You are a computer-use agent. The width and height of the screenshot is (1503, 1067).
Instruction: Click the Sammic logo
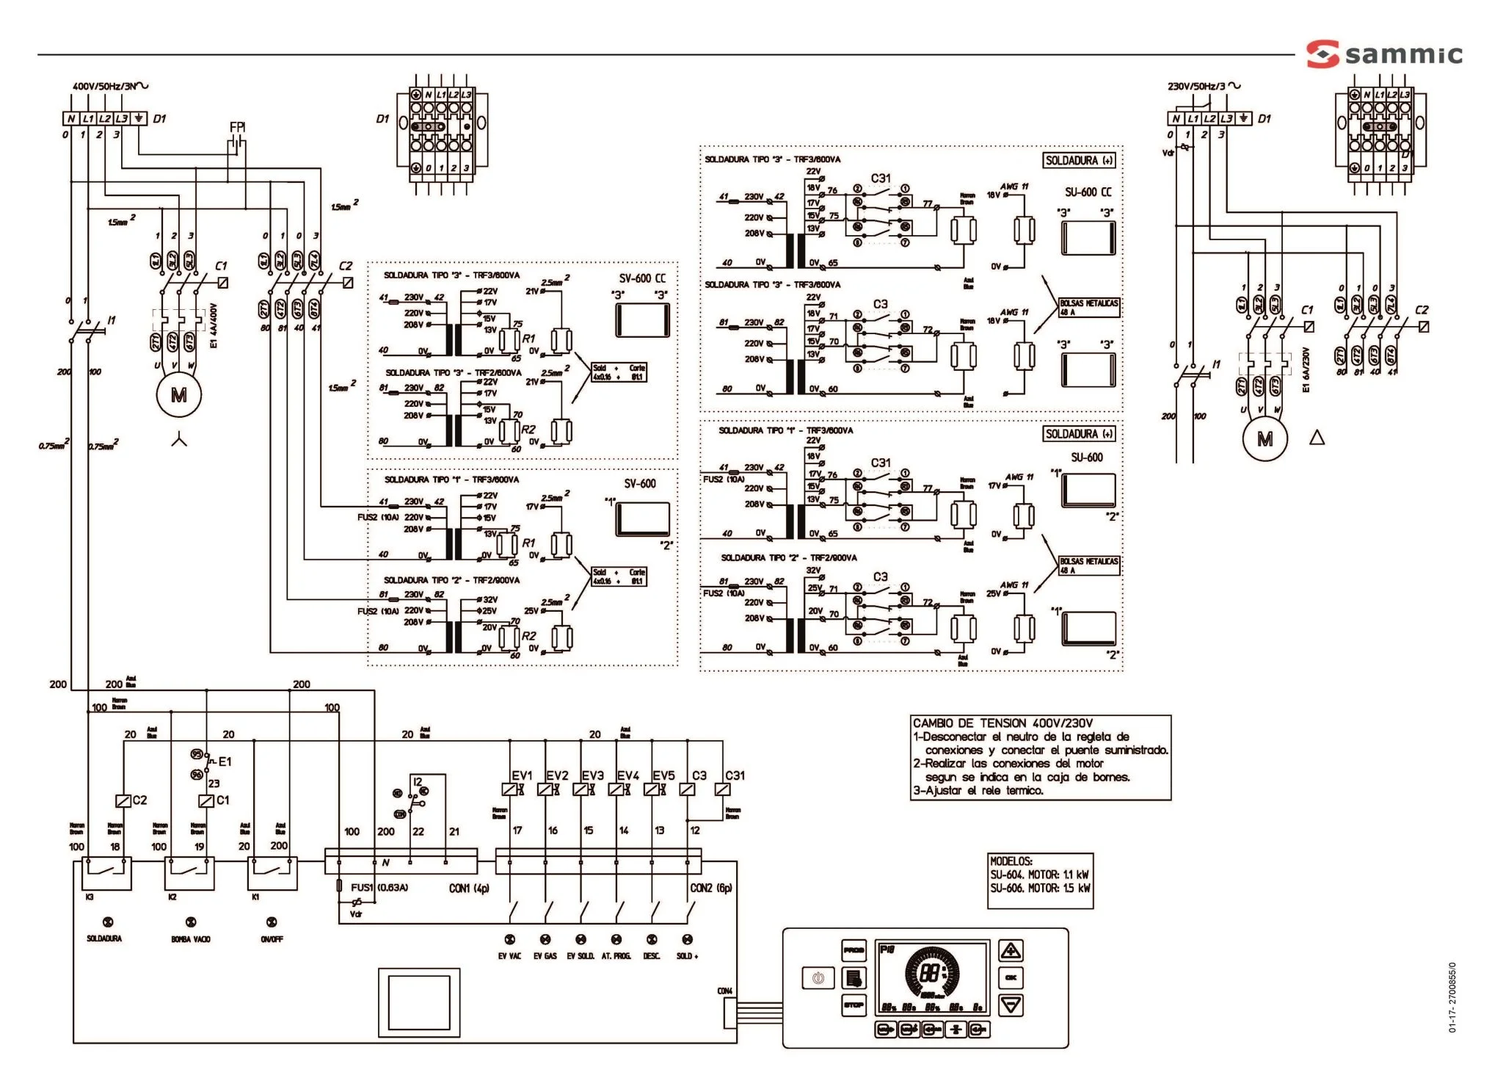pos(1383,54)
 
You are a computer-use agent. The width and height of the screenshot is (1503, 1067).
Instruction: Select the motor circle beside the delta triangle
pos(1264,439)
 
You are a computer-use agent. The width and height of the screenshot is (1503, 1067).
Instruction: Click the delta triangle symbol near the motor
pos(1317,438)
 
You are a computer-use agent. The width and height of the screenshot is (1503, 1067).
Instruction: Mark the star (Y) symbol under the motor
pos(179,440)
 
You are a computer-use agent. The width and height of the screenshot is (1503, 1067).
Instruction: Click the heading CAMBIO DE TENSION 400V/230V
pos(1002,723)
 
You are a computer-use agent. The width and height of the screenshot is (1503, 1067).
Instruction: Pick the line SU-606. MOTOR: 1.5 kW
pos(1039,888)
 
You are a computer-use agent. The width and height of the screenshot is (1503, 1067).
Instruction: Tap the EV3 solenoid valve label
pos(592,775)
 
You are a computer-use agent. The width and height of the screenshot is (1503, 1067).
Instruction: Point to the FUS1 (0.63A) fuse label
pos(379,887)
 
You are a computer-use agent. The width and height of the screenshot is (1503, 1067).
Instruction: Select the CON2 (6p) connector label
pos(710,888)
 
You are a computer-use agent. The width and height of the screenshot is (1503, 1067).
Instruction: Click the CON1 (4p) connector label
pos(468,888)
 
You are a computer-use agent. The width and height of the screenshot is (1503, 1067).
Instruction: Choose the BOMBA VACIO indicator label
pos(191,939)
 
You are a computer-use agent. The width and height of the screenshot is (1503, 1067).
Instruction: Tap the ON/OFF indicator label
pos(272,939)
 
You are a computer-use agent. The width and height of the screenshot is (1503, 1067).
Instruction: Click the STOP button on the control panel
pos(854,1005)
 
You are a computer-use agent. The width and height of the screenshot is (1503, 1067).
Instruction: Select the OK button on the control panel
pos(1011,978)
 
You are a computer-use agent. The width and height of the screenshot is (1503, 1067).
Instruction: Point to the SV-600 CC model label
pos(642,278)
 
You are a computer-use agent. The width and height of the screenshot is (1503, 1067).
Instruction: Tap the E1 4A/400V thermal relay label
pos(214,325)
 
